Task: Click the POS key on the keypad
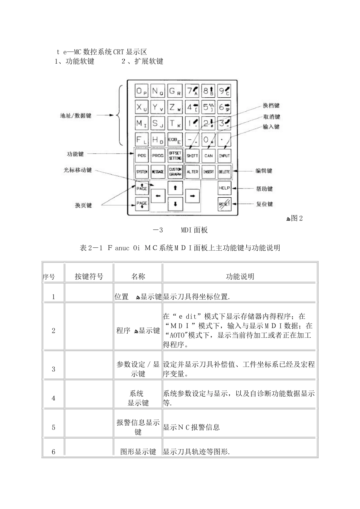[x=142, y=156]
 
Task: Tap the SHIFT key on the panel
[x=192, y=156]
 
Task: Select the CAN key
[x=208, y=156]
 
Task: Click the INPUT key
[x=224, y=156]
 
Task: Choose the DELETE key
[x=224, y=172]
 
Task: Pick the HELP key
[x=224, y=188]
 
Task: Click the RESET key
[x=224, y=204]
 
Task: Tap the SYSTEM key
[x=142, y=172]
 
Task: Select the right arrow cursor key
[x=192, y=195]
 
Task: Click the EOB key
[x=175, y=140]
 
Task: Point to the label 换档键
[x=271, y=106]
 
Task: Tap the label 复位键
[x=265, y=204]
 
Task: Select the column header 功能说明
[x=240, y=276]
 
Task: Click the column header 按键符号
[x=89, y=276]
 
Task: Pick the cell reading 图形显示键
[x=138, y=451]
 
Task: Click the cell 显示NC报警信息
[x=191, y=427]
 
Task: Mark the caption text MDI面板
[x=194, y=230]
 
